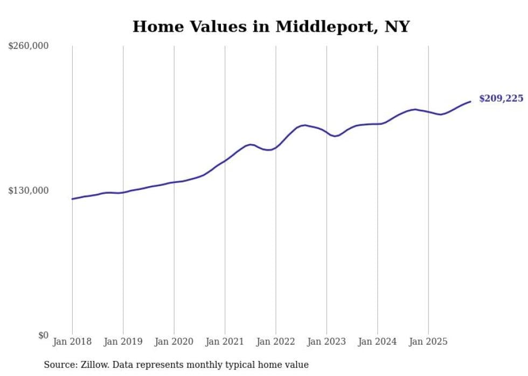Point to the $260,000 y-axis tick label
[29, 46]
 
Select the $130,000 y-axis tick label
[29, 191]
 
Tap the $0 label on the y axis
[43, 336]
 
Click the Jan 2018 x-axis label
[72, 342]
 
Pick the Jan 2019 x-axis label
[123, 342]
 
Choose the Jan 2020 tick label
[174, 342]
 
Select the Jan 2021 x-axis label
[225, 342]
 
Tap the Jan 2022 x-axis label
[276, 342]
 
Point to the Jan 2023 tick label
[326, 342]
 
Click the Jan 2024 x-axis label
[378, 342]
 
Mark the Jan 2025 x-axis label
[428, 342]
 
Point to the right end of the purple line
[470, 102]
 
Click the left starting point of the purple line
[72, 199]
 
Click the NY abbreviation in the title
[397, 27]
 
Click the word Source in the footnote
[59, 365]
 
